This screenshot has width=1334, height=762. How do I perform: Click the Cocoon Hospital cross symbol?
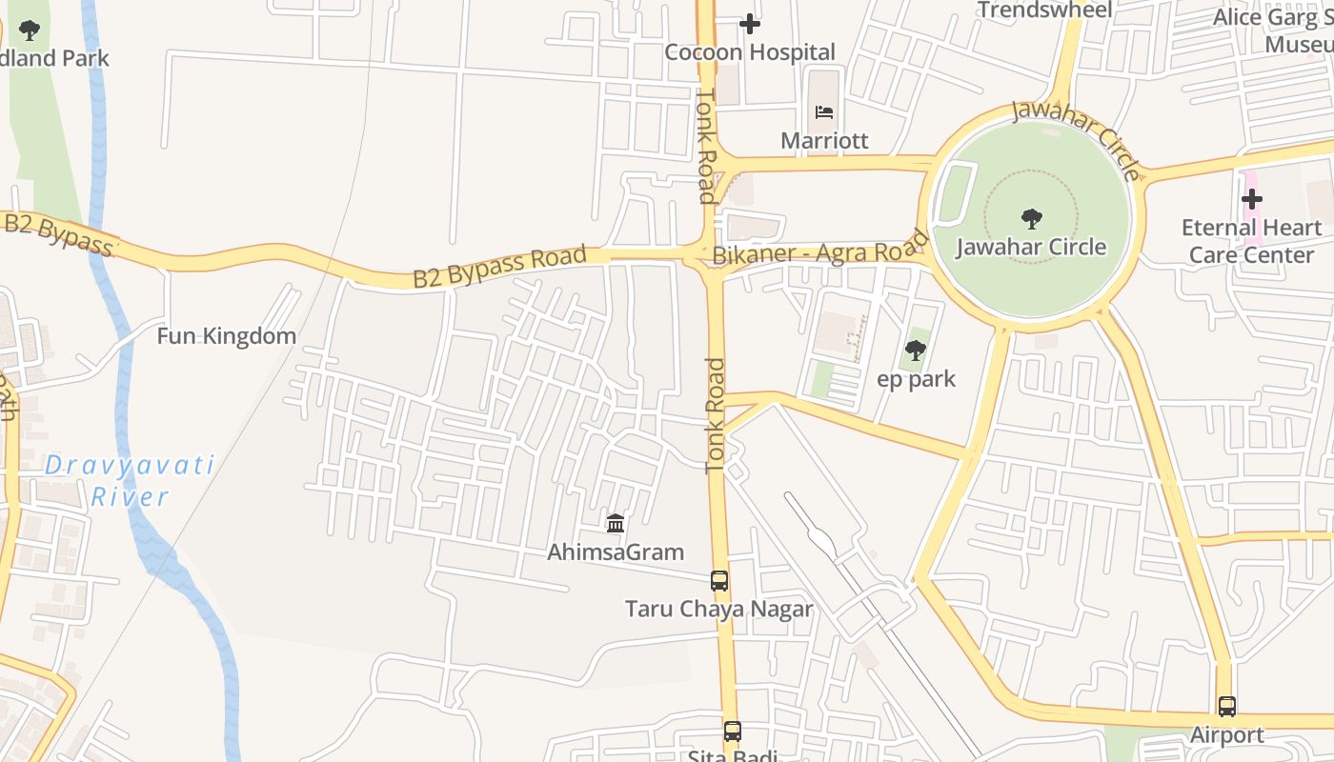[750, 24]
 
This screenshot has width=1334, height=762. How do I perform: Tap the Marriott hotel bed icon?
[824, 112]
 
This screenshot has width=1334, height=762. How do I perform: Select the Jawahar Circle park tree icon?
[1031, 219]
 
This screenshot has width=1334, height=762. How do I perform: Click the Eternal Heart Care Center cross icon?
[1251, 200]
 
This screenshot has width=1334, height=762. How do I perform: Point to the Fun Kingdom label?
[227, 336]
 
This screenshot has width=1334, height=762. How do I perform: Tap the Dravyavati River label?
[130, 481]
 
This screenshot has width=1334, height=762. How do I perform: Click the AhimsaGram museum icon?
[616, 523]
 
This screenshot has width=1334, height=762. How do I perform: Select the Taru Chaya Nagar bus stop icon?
[719, 581]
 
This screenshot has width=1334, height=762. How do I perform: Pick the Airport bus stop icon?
[1227, 707]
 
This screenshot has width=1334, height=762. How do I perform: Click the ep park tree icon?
[916, 351]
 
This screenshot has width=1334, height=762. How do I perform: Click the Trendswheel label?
[1044, 10]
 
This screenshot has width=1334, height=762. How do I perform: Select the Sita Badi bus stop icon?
[732, 732]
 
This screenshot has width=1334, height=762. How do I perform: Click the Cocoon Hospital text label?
[750, 52]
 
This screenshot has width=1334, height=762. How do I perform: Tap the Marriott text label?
[824, 141]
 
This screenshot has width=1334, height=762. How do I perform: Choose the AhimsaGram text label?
[616, 552]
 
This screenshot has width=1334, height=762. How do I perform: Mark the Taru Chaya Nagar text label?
[719, 610]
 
